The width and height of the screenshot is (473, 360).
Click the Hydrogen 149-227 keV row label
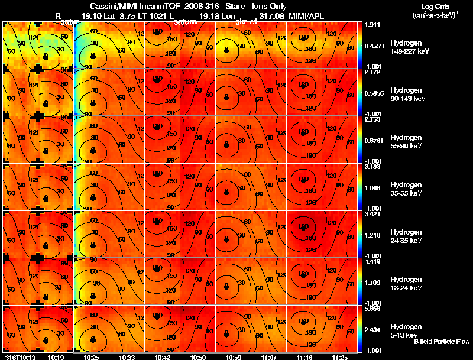(408, 47)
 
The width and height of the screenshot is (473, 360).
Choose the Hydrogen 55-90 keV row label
(408, 142)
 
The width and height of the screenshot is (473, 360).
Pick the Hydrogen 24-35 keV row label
(408, 236)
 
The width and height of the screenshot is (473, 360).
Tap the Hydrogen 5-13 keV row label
(408, 331)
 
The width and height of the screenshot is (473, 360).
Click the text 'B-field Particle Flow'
(441, 342)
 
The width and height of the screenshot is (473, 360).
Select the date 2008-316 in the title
(203, 6)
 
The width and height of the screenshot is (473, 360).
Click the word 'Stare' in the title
(235, 6)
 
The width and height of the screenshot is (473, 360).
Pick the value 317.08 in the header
(271, 17)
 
